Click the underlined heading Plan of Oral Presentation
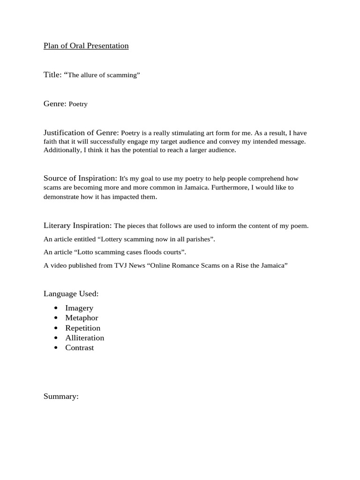(86, 46)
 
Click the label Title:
(53, 75)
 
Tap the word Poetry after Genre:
(78, 105)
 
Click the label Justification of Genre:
(82, 133)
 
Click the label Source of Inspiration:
(80, 178)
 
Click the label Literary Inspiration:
(78, 225)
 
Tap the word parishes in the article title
(198, 240)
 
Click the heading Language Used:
(71, 294)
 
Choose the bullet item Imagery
(79, 308)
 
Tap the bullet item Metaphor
(82, 318)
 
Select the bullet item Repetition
(83, 328)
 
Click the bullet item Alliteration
(85, 338)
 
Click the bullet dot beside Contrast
(56, 348)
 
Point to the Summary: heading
(61, 397)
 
